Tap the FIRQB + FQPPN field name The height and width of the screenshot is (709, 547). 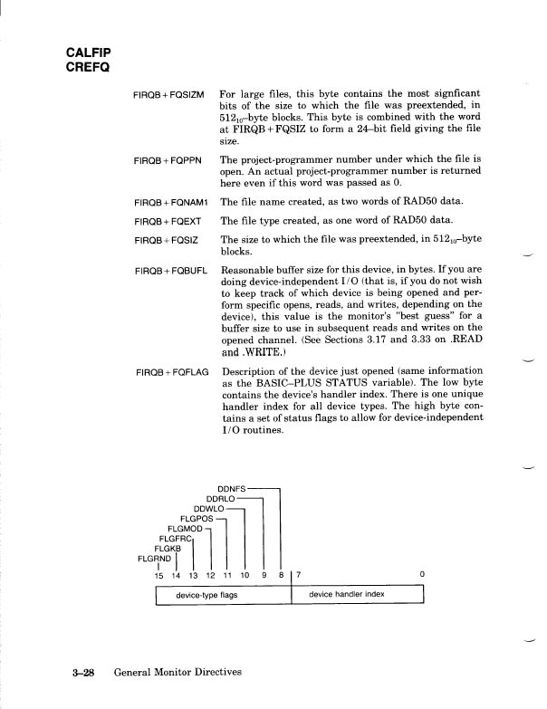[x=168, y=160]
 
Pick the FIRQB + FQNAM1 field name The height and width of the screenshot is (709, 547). [x=171, y=203]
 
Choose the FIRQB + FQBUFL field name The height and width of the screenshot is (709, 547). [x=171, y=271]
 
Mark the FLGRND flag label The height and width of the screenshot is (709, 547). [x=152, y=559]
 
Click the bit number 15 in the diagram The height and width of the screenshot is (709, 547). [x=158, y=575]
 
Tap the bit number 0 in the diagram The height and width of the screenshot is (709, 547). [x=421, y=575]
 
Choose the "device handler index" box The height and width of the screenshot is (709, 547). [x=347, y=596]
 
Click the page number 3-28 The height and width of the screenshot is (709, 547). [x=84, y=673]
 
